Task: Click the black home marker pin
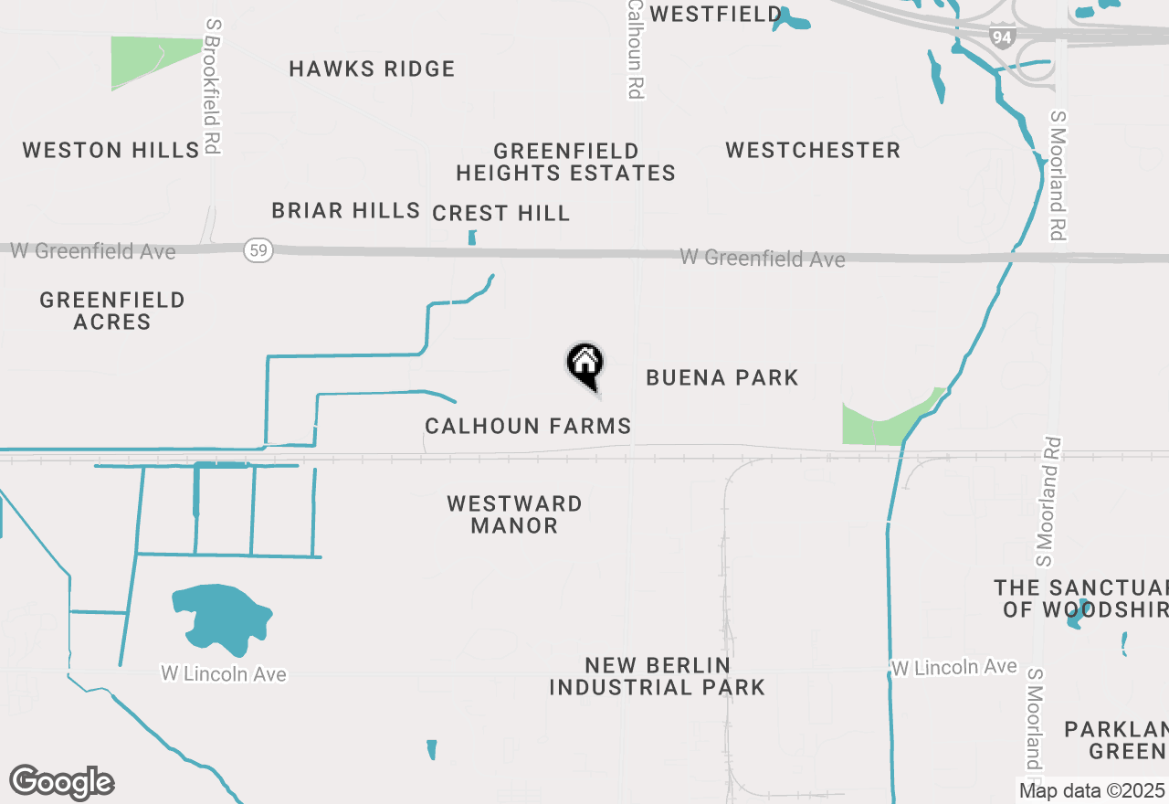(585, 364)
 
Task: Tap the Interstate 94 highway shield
(1002, 37)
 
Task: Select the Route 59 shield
(259, 250)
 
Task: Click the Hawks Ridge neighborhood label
(372, 69)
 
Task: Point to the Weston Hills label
(111, 150)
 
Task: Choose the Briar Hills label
(345, 210)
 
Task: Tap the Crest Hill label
(500, 213)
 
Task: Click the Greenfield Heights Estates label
(565, 162)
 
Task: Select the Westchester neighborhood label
(813, 150)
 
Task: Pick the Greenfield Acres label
(112, 311)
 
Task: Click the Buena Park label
(721, 377)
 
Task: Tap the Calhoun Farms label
(528, 426)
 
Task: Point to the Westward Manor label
(514, 514)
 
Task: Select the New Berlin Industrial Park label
(657, 676)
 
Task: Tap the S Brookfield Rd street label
(214, 87)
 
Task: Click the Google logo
(61, 782)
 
